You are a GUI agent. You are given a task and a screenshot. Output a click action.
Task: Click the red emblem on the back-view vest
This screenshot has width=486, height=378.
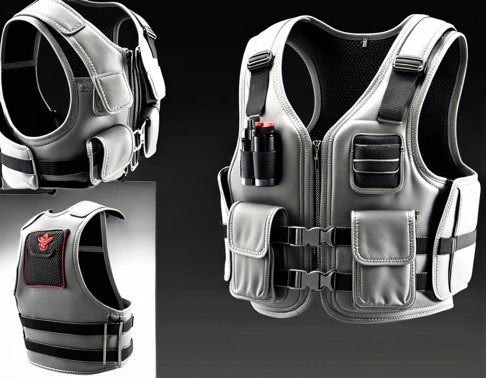coord(47,240)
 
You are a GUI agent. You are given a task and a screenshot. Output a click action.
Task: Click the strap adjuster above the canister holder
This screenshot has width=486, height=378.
coord(260,61)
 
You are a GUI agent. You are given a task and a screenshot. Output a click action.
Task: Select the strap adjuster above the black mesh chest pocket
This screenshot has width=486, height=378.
coord(408,64)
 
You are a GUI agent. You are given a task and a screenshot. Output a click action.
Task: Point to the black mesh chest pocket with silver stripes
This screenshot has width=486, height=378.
coord(377,161)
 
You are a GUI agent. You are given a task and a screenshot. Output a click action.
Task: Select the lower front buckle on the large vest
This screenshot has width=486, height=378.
coord(313,280)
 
